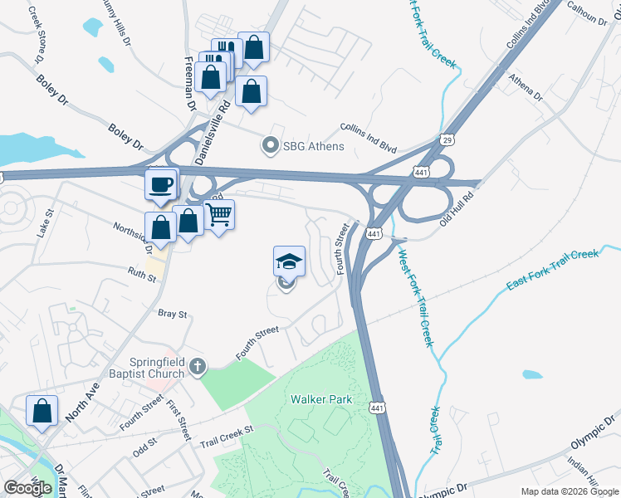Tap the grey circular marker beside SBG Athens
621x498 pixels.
(270, 146)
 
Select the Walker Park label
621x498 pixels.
(321, 399)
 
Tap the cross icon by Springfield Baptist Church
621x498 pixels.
(197, 365)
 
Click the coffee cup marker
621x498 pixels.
(161, 184)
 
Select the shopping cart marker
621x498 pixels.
(218, 216)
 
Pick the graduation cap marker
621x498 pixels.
(290, 262)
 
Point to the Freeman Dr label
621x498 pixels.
(189, 83)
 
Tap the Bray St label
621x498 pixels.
(173, 315)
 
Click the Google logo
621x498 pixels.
(27, 488)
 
